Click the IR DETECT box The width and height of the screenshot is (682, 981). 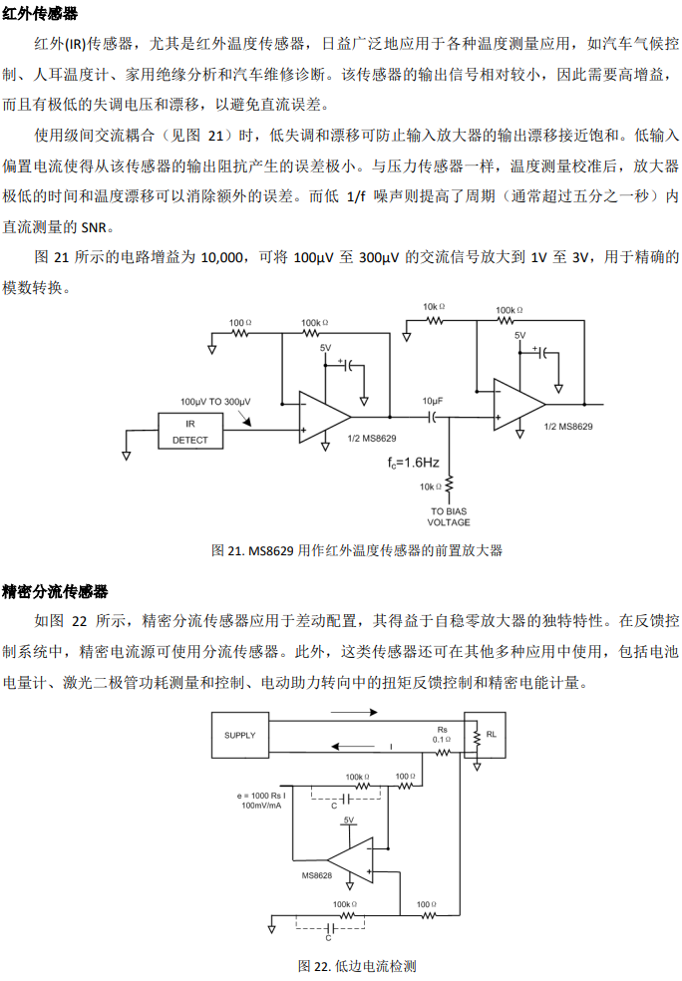click(x=190, y=431)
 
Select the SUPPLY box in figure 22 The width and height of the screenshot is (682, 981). click(x=240, y=735)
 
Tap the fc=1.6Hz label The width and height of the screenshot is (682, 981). click(x=413, y=463)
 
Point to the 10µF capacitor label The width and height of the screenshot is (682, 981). click(x=433, y=401)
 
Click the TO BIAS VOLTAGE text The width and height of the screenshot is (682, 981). click(x=449, y=516)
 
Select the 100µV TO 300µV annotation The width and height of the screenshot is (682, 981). click(x=215, y=402)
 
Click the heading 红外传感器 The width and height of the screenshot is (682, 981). click(x=40, y=13)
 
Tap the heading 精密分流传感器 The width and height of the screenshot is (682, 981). click(x=55, y=591)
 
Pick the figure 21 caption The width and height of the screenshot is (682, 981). click(x=357, y=550)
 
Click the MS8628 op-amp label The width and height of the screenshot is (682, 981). click(x=317, y=875)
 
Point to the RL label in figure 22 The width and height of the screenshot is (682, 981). click(x=492, y=735)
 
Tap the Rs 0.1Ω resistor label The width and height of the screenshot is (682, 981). click(x=442, y=735)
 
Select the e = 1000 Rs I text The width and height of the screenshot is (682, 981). click(x=261, y=796)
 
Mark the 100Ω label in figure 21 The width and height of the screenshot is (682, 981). click(x=240, y=323)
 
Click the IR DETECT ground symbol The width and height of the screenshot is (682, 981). click(x=127, y=456)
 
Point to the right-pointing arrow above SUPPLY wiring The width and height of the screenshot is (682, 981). click(x=354, y=712)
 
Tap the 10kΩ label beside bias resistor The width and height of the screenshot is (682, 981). click(x=430, y=487)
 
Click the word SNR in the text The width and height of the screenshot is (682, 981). click(x=94, y=227)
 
